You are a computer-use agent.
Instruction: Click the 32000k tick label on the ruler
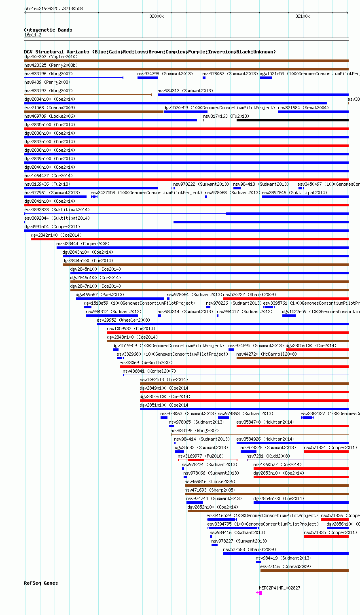pos(157,16)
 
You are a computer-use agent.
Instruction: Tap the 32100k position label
pos(303,16)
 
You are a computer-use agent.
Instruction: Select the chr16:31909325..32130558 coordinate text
pos(53,8)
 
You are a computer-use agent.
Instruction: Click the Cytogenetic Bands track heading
pos(48,30)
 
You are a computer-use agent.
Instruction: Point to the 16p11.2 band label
pos(33,35)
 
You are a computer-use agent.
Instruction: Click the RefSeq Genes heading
pos(41,583)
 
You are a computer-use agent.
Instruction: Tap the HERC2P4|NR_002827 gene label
pos(280,588)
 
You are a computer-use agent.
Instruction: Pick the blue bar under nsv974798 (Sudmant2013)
pos(148,78)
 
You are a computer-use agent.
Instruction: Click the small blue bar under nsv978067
pos(204,78)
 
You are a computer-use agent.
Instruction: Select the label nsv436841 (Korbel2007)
pos(149,371)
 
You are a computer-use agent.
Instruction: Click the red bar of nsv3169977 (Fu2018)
pos(196,460)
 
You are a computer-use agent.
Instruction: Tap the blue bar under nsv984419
pos(258,562)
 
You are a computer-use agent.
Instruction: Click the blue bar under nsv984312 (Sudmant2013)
pos(112,316)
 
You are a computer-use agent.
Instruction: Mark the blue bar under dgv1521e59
pos(266,78)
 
